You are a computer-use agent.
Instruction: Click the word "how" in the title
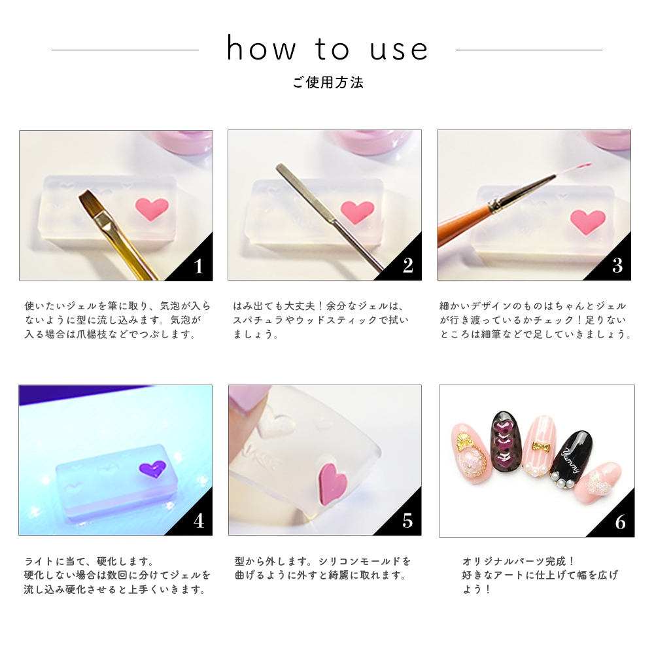point(261,48)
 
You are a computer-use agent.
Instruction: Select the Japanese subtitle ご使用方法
point(328,82)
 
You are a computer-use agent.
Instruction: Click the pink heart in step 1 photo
point(152,209)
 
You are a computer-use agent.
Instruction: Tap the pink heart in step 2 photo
point(357,211)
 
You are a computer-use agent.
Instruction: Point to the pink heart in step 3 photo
point(587,221)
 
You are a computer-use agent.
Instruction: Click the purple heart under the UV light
point(152,469)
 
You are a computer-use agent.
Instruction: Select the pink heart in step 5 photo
point(334,479)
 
